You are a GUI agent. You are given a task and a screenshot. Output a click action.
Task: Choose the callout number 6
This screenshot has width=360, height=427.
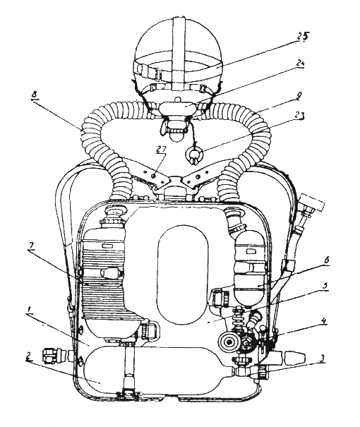point(326,260)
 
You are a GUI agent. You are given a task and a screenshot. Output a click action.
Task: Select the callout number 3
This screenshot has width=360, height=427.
point(323,358)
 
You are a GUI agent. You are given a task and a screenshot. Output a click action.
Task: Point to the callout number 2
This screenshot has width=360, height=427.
point(28,357)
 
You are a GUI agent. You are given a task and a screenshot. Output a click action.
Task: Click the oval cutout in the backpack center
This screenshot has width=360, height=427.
point(182,275)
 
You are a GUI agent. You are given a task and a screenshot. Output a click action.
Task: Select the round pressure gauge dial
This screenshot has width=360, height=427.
point(229,342)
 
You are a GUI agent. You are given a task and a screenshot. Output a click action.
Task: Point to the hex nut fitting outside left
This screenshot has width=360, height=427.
point(50,356)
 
